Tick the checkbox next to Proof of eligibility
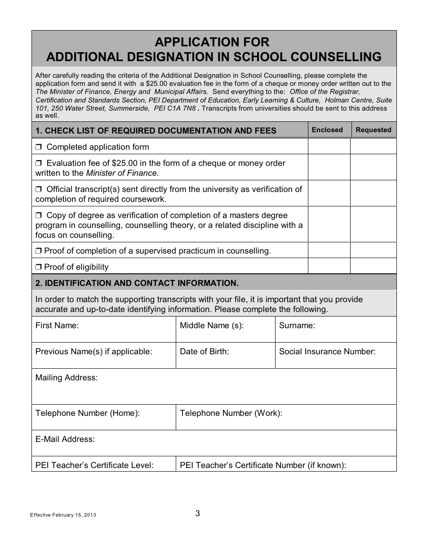click(x=38, y=267)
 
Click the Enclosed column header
click(x=327, y=130)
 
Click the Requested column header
click(x=374, y=130)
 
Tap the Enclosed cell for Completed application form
click(x=329, y=147)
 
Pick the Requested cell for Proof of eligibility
click(x=374, y=266)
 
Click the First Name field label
click(x=57, y=326)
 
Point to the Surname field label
click(x=297, y=326)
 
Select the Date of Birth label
click(x=205, y=352)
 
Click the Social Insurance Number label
click(x=327, y=352)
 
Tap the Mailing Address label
click(x=67, y=378)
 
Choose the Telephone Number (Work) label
click(x=231, y=413)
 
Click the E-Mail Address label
click(x=65, y=439)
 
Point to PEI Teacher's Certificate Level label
click(x=94, y=465)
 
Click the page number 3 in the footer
click(x=198, y=513)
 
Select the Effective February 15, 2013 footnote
click(x=63, y=515)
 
